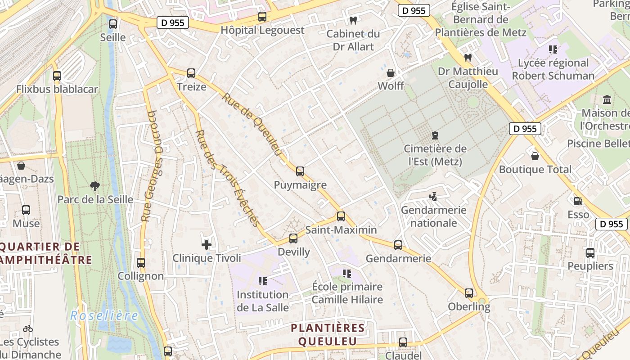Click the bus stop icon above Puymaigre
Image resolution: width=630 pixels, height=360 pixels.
(x=300, y=171)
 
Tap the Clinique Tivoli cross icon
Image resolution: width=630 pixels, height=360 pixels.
(x=207, y=245)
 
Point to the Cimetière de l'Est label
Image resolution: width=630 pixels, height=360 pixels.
(x=435, y=155)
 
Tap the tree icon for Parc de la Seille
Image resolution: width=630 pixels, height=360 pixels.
(x=94, y=186)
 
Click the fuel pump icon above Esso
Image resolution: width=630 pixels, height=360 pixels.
(x=578, y=201)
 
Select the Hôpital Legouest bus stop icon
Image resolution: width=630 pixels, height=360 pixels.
(x=262, y=17)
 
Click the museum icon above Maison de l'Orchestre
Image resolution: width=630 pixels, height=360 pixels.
(x=607, y=99)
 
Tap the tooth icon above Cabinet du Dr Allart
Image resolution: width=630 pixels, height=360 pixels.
(x=353, y=20)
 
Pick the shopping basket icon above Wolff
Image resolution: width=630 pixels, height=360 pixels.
(x=391, y=73)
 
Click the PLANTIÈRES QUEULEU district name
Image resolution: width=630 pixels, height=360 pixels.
(x=327, y=334)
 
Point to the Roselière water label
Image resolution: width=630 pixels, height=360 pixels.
(x=104, y=316)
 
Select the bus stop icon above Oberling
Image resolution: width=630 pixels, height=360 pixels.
(x=469, y=293)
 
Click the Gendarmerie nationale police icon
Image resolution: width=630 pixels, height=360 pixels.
(x=433, y=197)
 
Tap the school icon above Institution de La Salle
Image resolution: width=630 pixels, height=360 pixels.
(x=263, y=281)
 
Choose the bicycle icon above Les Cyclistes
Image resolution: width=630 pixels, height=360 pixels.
(x=28, y=328)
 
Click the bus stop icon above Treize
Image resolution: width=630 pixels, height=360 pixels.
(x=191, y=73)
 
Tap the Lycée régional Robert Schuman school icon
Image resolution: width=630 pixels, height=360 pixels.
(x=553, y=49)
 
